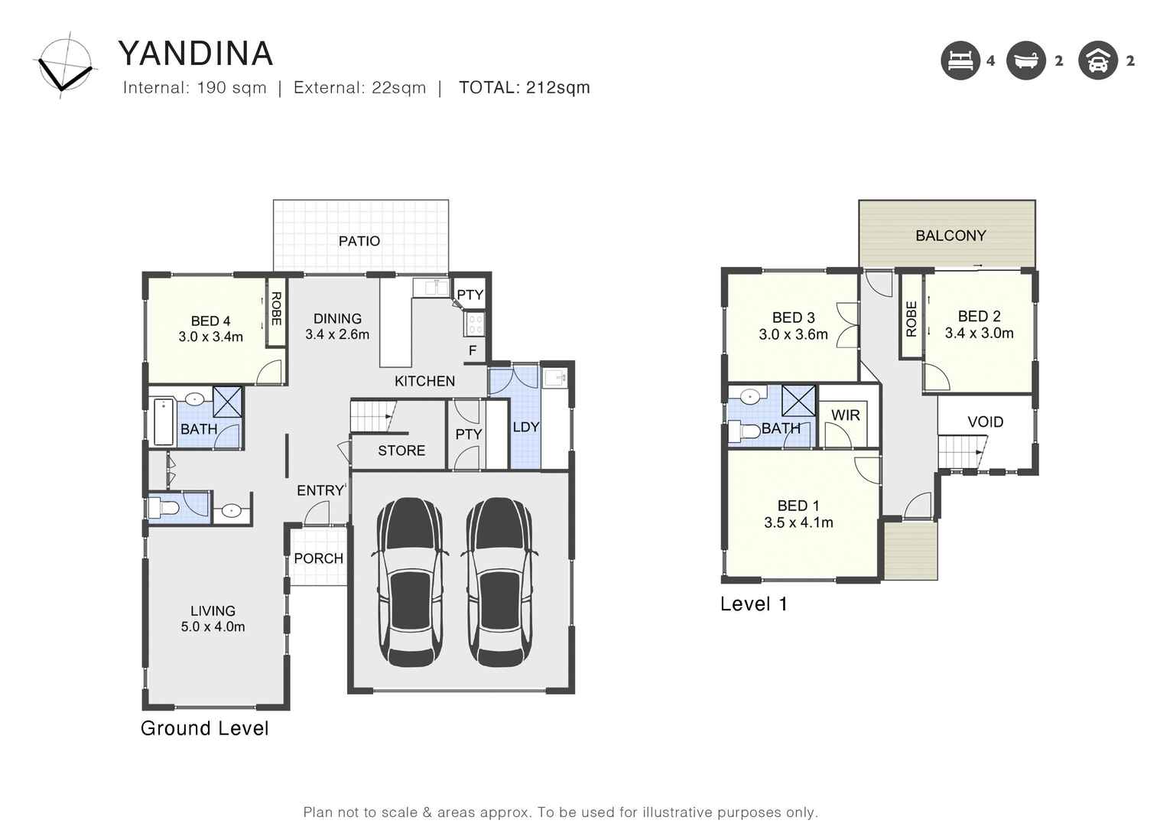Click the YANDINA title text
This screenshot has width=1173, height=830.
196,54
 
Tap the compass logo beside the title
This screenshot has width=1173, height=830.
65,65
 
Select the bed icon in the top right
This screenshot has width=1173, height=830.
960,60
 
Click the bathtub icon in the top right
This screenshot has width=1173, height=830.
1025,60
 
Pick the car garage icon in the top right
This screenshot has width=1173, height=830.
1098,60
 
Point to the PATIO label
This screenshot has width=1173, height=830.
359,241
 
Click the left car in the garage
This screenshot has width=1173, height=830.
410,582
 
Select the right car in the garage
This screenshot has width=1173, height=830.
500,582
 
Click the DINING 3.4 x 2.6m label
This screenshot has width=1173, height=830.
337,327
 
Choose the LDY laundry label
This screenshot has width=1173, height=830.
525,427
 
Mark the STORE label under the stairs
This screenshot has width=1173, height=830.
401,451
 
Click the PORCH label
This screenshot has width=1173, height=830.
318,558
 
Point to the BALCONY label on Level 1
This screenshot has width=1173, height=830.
950,236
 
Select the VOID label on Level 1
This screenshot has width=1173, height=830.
985,422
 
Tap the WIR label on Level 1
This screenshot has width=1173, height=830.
845,415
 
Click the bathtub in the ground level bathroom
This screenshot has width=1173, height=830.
164,422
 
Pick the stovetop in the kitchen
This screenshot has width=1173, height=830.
474,324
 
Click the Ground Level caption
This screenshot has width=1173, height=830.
204,728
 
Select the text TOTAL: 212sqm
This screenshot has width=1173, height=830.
524,87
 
